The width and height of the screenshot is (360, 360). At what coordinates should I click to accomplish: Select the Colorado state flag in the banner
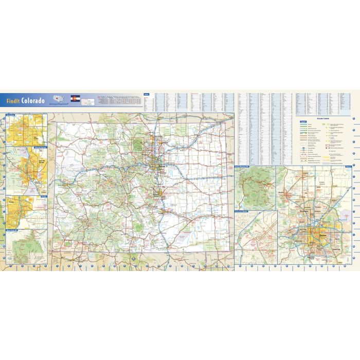[75, 98]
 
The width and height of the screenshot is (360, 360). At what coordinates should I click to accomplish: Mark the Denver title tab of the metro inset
[349, 167]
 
